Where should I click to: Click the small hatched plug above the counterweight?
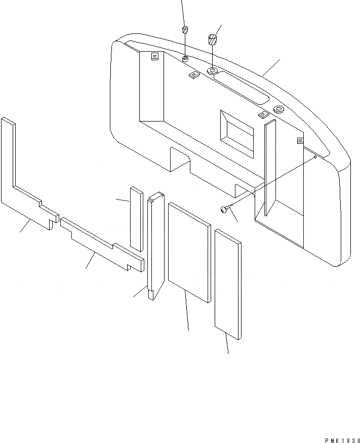(185, 28)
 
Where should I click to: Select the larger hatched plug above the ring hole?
(213, 39)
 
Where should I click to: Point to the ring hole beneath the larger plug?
(212, 70)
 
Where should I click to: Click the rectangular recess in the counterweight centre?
(236, 133)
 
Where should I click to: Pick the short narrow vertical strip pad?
(136, 218)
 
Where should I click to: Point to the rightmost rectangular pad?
(228, 284)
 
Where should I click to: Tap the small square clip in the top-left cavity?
(155, 57)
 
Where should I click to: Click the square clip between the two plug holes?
(193, 75)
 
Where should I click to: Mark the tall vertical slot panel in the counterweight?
(269, 167)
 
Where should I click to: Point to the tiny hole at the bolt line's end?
(314, 157)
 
